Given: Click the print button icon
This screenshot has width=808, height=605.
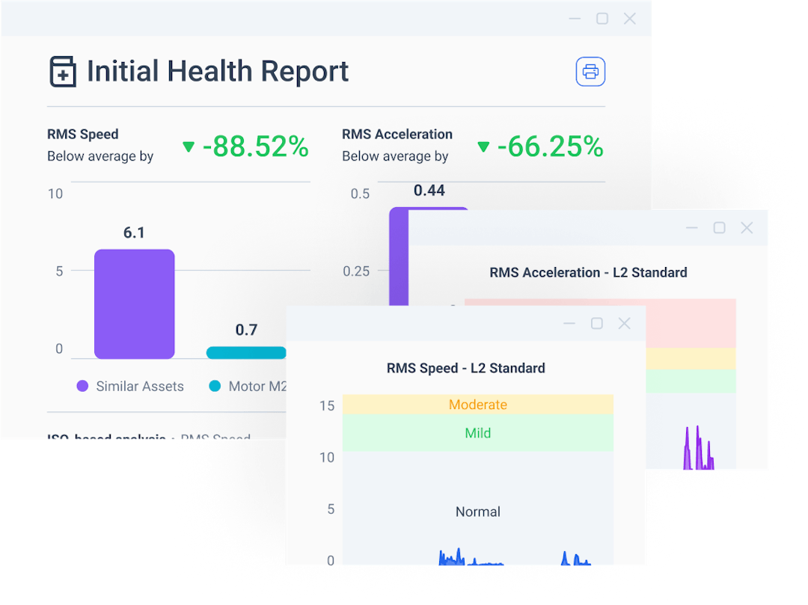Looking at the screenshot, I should coord(590,72).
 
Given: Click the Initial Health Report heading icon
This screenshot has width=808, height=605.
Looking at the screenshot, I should coord(63,72).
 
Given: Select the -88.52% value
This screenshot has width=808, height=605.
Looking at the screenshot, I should coord(256,147).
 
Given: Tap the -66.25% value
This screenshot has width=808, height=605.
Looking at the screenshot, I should coord(551,147).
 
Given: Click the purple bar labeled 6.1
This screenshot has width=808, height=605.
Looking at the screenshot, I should coord(134,304).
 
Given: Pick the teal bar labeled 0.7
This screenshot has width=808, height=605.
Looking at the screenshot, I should coord(246,352).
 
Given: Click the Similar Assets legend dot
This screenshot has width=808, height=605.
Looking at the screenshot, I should coord(82,387).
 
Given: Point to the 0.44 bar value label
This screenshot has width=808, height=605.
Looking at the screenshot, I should coord(429,191).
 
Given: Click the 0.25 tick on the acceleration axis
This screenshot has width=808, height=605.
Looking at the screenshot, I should coord(356,271).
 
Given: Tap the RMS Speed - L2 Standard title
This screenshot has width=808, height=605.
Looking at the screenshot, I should coord(465,368).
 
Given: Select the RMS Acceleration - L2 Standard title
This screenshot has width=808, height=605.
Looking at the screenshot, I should coord(588,272).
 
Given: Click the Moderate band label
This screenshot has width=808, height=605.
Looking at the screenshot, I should coord(478,405).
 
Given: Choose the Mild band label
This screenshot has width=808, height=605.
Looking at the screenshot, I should coord(478,433).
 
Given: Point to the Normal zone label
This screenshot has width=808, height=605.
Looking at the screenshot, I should coord(478,512).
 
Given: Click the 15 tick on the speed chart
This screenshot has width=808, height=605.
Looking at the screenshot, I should coord(326,406).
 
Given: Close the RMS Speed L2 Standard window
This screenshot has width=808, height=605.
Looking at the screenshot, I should coord(624,323).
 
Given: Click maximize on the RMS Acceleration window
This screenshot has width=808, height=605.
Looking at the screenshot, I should coord(719,227).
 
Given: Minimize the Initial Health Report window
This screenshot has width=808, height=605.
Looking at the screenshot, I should coord(575,19).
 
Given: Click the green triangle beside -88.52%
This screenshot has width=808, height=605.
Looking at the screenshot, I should coord(189,147).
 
